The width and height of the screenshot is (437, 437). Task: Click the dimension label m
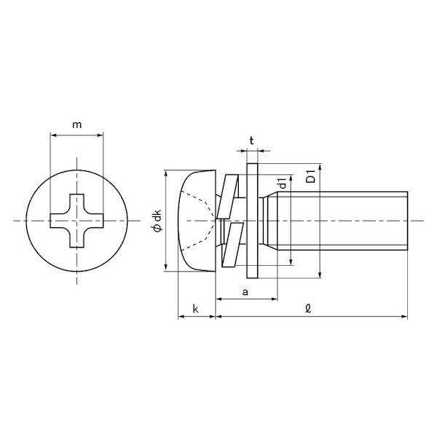coord(77,125)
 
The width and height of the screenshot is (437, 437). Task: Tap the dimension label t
coord(252,141)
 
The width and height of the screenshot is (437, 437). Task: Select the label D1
coord(310,176)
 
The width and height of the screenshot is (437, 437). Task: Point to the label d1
coord(283,183)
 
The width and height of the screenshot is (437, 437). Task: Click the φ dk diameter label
coord(158,221)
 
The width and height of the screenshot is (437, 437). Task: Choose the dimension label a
coord(245,292)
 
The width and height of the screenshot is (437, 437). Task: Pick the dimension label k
coord(196,309)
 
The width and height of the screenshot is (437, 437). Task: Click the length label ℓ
coord(308,308)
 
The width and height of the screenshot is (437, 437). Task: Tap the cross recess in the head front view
coord(76,221)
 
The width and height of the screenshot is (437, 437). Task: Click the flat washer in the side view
coord(252,221)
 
